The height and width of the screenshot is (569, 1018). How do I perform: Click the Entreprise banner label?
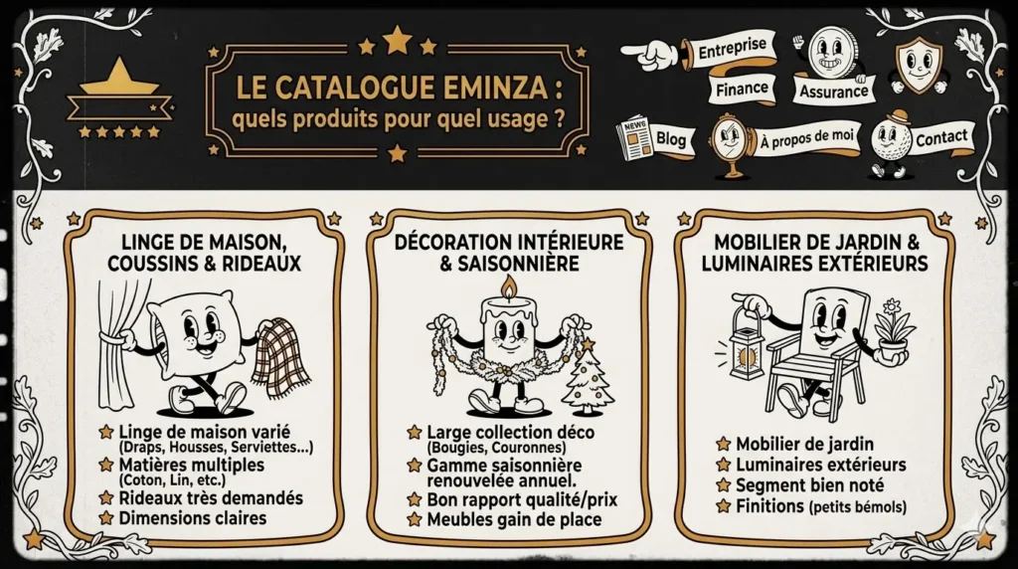pyautogui.click(x=732, y=48)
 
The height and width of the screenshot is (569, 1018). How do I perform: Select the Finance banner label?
pyautogui.click(x=742, y=89)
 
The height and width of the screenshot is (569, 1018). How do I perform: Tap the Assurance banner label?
pyautogui.click(x=832, y=92)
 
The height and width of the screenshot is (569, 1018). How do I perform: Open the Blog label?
pyautogui.click(x=671, y=141)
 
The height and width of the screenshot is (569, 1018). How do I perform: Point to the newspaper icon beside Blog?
pyautogui.click(x=633, y=139)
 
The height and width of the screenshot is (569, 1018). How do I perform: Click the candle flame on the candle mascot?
pyautogui.click(x=508, y=289)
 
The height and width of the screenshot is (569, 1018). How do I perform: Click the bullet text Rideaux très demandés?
pyautogui.click(x=210, y=497)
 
